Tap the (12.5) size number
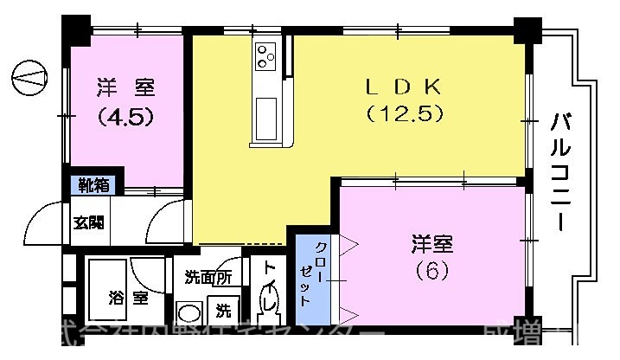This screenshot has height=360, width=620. pyautogui.click(x=404, y=112)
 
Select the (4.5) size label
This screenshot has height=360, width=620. pyautogui.click(x=125, y=115)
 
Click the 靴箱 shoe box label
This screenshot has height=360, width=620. pyautogui.click(x=95, y=183)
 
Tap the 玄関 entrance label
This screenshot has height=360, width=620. pyautogui.click(x=88, y=222)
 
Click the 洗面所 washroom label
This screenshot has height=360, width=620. pyautogui.click(x=208, y=278)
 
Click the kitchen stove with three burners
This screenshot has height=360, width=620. pyautogui.click(x=265, y=55)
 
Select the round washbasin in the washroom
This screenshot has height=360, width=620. pyautogui.click(x=188, y=312)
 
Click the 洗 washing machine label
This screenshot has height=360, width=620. pyautogui.click(x=223, y=309)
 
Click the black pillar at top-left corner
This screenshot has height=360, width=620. pyautogui.click(x=76, y=32)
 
